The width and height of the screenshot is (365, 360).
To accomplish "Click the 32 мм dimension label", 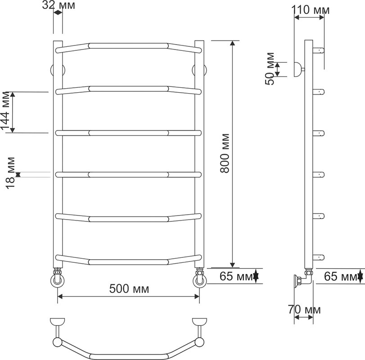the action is point(59,5).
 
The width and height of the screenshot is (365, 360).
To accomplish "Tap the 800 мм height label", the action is point(225,153).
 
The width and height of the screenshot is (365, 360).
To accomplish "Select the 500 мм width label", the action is point(129,289).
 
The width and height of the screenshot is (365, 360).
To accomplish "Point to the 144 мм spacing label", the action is point(5,111).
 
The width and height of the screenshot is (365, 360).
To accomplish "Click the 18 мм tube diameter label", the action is point(10,173).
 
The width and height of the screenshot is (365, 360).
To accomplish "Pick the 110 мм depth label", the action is point(310,10).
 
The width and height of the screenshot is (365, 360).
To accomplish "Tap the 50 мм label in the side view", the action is point(270,69).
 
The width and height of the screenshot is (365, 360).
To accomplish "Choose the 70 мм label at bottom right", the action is point(304,310).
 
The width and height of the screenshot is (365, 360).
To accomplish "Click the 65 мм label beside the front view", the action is point(236,276).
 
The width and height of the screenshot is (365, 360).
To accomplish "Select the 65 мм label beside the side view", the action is point(341,276).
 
